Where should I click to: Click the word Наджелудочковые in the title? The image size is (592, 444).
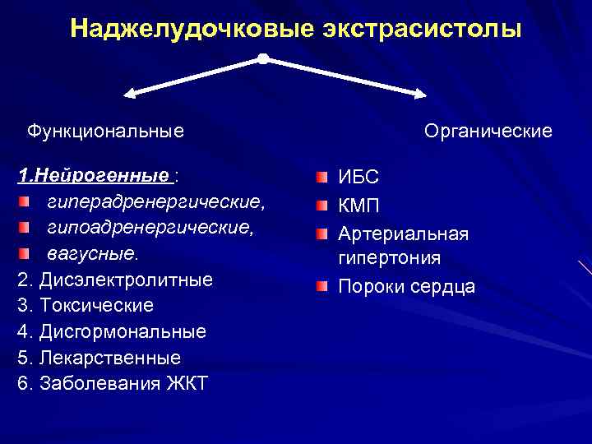(192, 30)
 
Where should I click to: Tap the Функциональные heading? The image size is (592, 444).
(105, 131)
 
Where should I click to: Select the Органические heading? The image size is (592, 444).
(488, 132)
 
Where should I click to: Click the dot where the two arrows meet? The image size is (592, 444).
(262, 58)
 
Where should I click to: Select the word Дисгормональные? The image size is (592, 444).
(123, 332)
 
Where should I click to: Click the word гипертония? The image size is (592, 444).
(389, 258)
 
